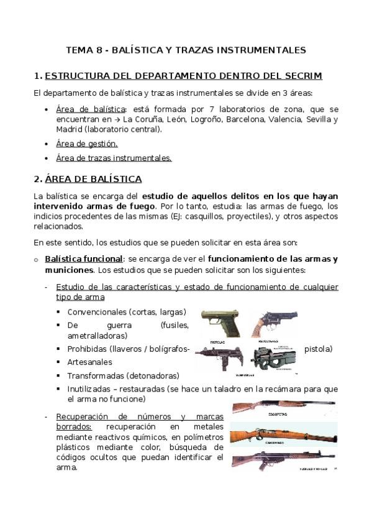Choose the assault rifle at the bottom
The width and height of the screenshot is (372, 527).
(x=284, y=461)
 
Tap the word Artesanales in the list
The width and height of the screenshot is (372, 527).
(x=89, y=362)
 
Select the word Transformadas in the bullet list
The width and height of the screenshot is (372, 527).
(x=95, y=375)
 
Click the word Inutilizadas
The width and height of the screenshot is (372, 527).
(x=91, y=389)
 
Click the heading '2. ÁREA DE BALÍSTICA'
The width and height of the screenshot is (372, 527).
(x=88, y=179)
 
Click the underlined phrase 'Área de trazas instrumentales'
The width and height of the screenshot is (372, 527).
(x=113, y=158)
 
